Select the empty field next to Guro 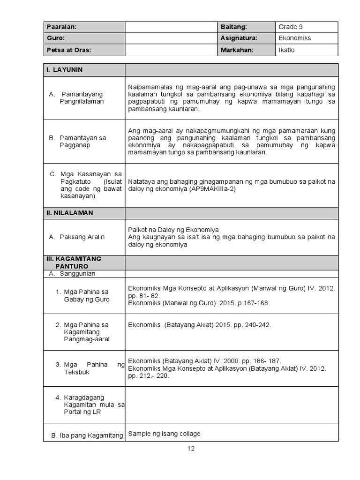171,38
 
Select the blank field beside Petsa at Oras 171,50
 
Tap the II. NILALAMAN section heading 69,213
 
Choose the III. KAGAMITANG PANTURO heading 74,262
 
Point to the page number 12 191,448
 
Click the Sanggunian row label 77,273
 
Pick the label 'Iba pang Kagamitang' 87,435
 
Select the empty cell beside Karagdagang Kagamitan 231,404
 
